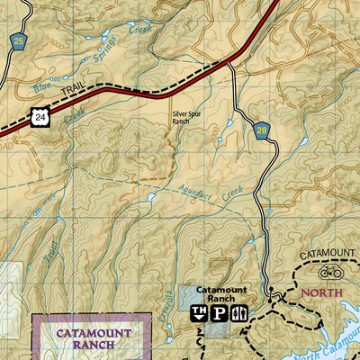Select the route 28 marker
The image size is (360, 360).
click(x=261, y=130)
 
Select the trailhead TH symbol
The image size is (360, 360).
click(x=197, y=313)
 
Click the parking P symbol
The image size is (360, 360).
click(x=218, y=313)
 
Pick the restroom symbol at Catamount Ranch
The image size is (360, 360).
click(x=238, y=313)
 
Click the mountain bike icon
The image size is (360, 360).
click(x=330, y=271)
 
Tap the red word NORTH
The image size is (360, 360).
click(x=322, y=292)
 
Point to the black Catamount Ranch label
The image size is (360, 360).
click(x=220, y=294)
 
